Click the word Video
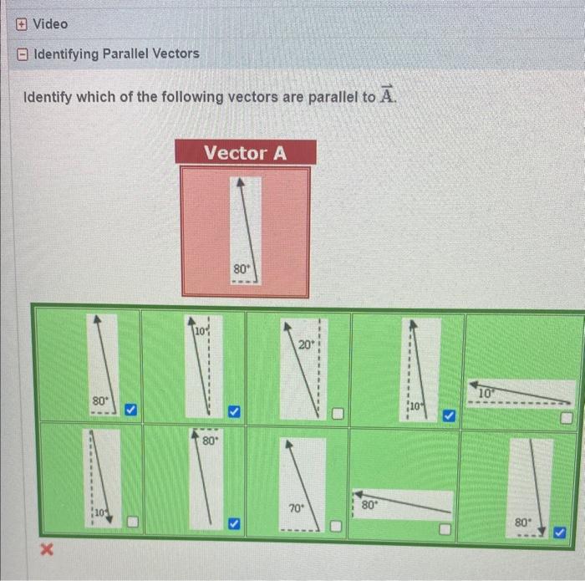pos(50,24)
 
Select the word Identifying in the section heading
pos(66,54)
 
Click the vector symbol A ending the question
pos(385,95)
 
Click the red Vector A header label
pos(245,153)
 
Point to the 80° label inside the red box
pos(241,269)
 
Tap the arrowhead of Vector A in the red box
pos(241,181)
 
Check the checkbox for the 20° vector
pos(338,414)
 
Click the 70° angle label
pos(296,507)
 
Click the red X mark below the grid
pos(48,549)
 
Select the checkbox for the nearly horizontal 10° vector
pos(567,416)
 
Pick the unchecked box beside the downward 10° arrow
pos(132,523)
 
